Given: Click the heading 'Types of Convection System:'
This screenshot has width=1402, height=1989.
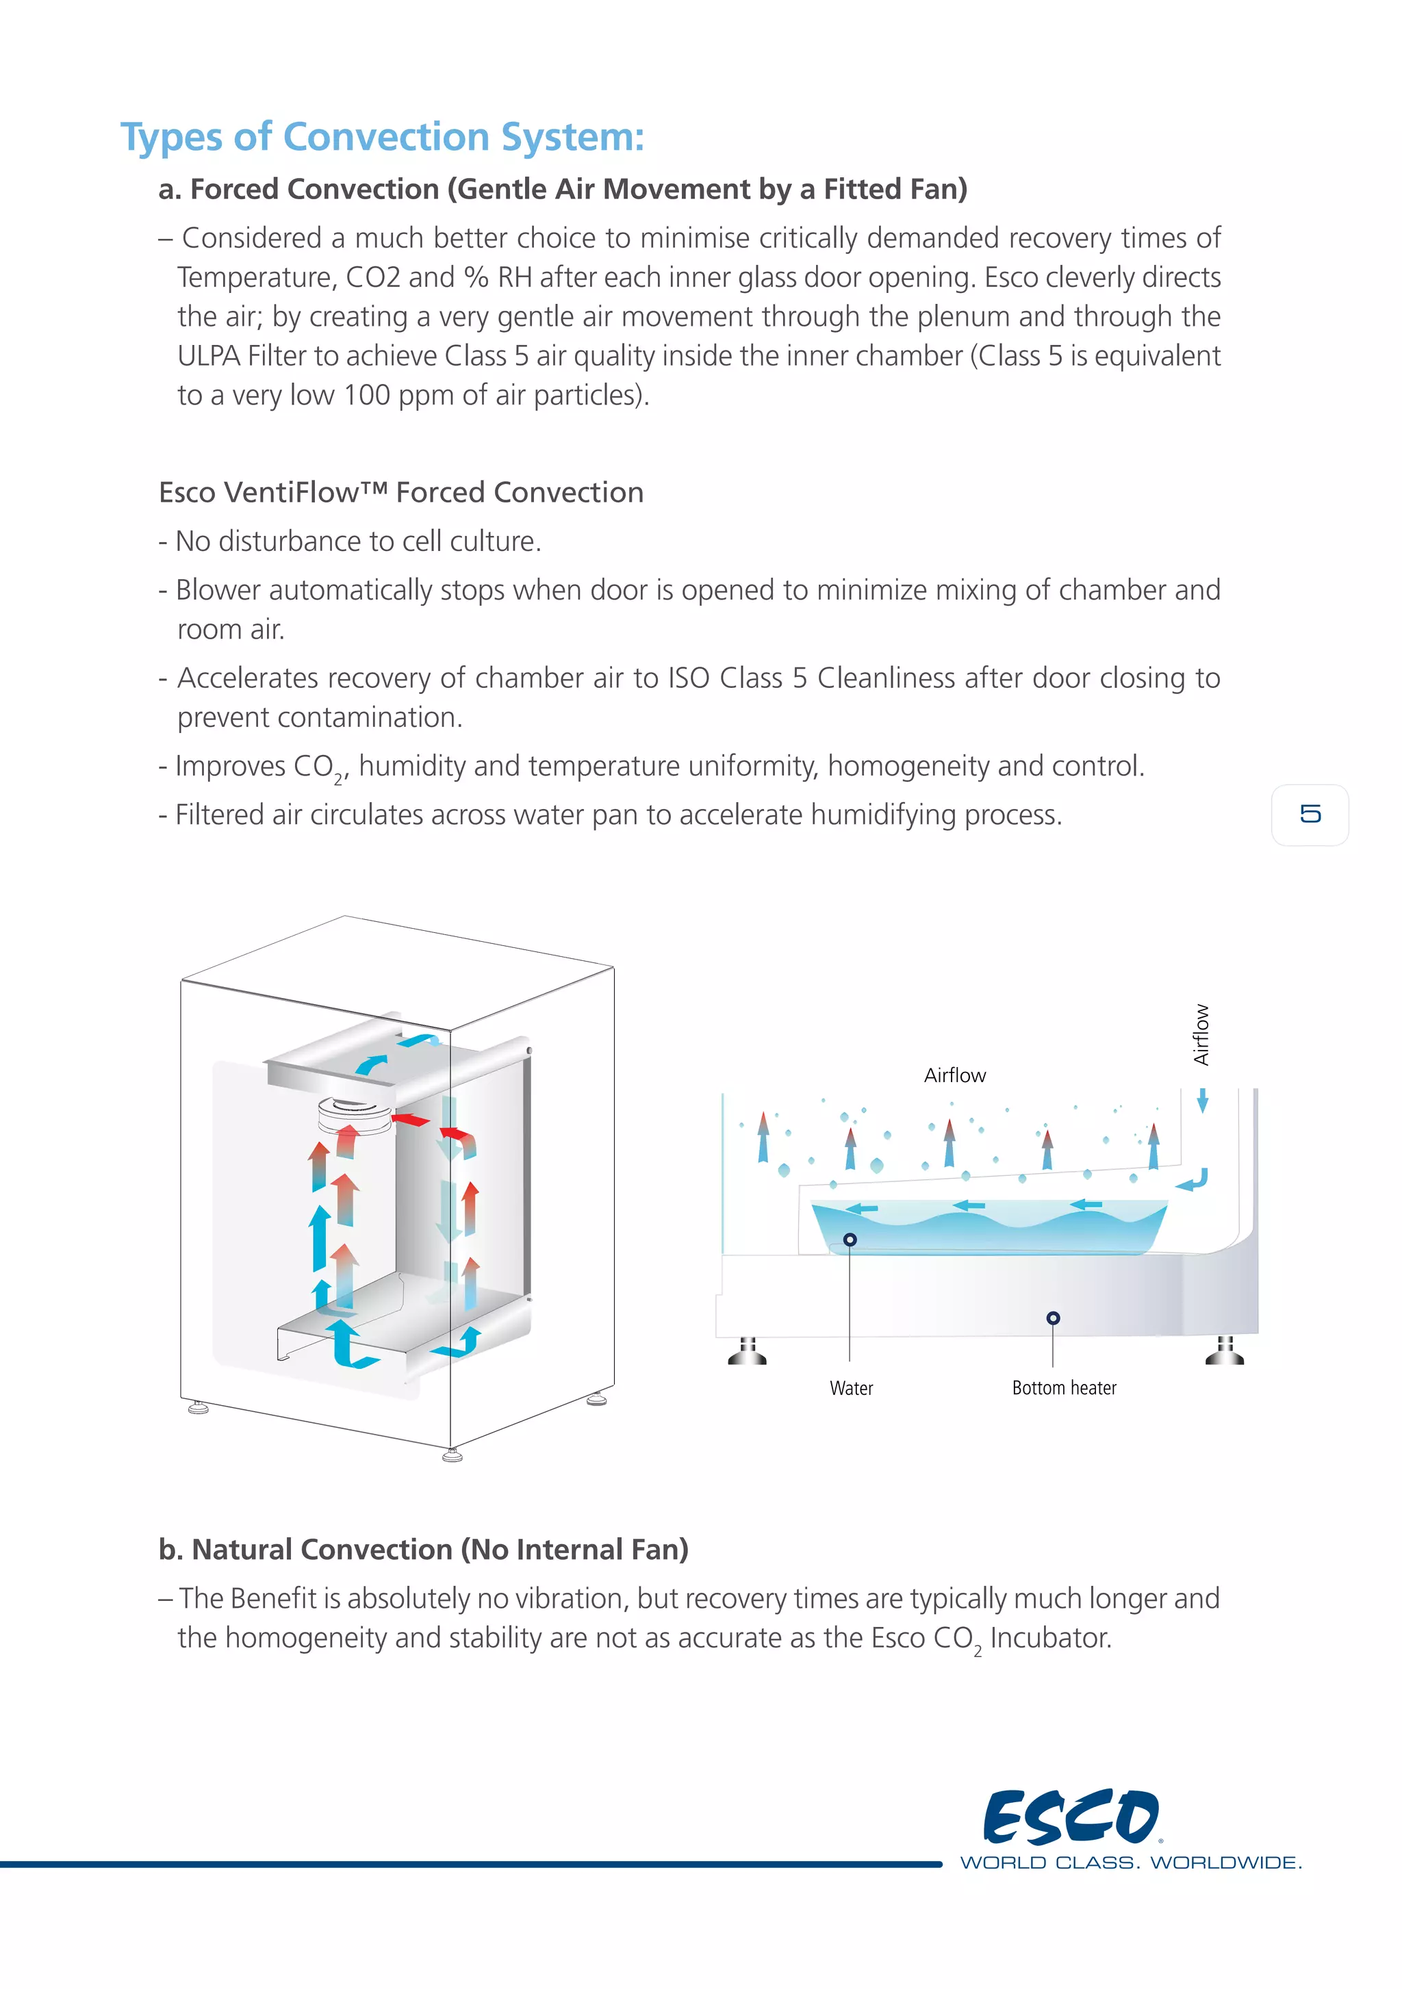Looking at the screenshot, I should [x=382, y=137].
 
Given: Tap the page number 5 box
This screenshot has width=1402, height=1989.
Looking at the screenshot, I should [x=1310, y=814].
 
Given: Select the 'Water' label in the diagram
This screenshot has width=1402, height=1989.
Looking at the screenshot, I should [x=851, y=1388].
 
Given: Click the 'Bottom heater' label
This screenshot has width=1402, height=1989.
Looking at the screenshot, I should [x=1063, y=1388].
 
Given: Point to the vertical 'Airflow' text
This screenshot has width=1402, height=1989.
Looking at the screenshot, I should [x=1200, y=1034].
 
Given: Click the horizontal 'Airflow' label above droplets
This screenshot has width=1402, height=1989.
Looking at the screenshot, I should [x=954, y=1075].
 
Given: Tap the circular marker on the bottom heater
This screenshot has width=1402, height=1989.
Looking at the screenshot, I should [x=1053, y=1318].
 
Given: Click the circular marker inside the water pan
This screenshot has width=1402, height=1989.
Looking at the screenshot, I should [x=850, y=1240].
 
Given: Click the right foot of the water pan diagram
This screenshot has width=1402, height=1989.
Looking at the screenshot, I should [x=1225, y=1351].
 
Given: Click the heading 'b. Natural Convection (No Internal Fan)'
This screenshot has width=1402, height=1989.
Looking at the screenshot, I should [x=423, y=1549].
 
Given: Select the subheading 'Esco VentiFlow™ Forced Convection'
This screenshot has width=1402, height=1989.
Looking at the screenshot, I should [x=401, y=492].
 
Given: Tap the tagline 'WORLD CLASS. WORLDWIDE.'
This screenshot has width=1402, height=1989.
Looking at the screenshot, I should [x=1130, y=1862].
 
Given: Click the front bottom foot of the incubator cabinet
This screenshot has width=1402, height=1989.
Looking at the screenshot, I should [x=451, y=1454].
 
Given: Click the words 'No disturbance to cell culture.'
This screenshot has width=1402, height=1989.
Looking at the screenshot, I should [x=358, y=541].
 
